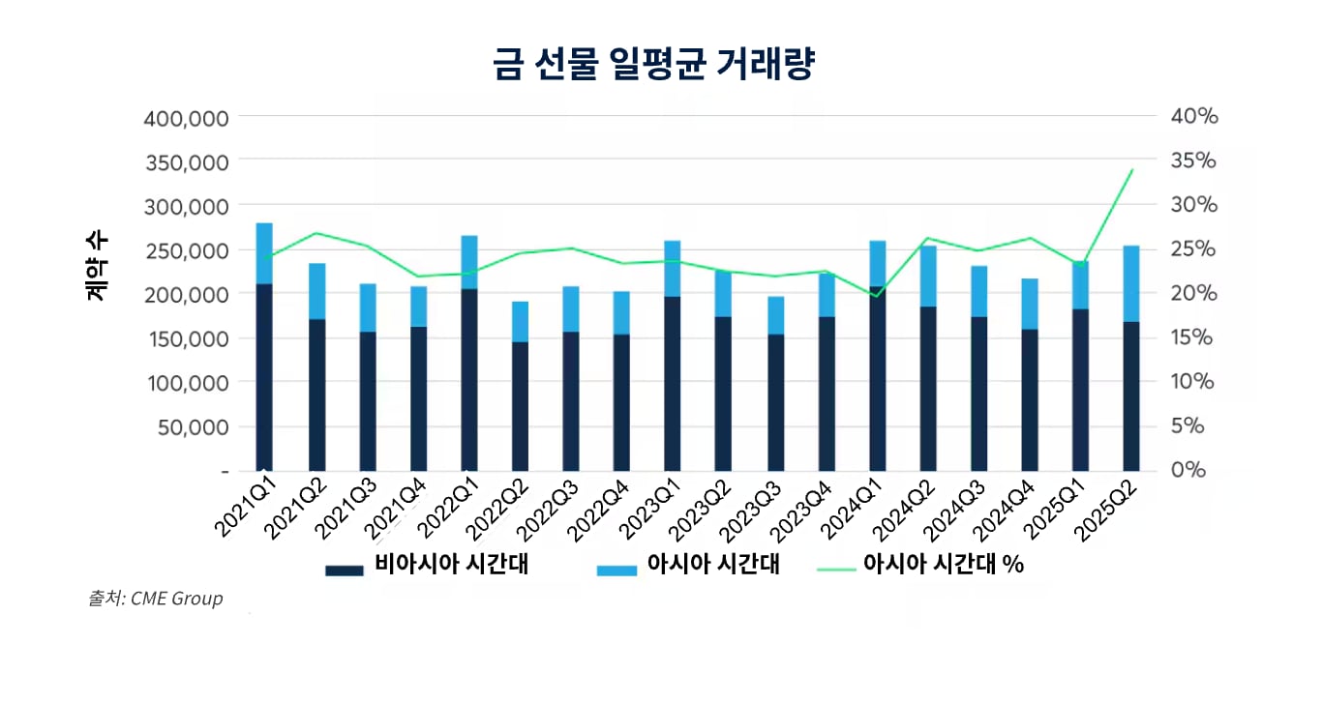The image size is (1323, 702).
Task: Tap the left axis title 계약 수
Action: [98, 266]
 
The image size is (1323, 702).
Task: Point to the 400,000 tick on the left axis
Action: [186, 119]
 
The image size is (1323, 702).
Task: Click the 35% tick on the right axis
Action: [1193, 161]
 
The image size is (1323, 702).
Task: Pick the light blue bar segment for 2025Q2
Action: [1130, 283]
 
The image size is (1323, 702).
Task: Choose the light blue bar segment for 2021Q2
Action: [316, 291]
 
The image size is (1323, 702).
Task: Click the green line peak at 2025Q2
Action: [1131, 170]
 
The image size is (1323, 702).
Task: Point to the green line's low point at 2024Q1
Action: [876, 296]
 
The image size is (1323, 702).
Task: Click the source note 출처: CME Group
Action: [156, 599]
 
